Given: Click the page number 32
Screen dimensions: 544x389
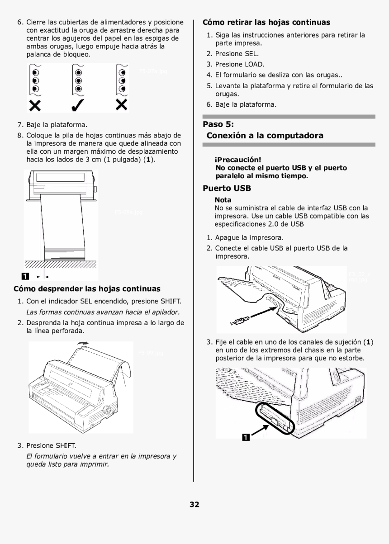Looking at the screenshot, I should pyautogui.click(x=194, y=504).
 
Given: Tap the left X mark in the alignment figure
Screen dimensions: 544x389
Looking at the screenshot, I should pyautogui.click(x=35, y=105).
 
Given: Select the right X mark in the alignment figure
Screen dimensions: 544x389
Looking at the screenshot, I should pyautogui.click(x=121, y=105).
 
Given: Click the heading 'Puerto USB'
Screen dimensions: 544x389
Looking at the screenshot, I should pyautogui.click(x=227, y=188).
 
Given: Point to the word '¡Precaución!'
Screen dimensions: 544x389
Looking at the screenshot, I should pyautogui.click(x=238, y=160).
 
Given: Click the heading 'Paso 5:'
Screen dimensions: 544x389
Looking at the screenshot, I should pyautogui.click(x=218, y=124).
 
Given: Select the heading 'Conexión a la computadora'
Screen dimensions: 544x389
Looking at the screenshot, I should pyautogui.click(x=265, y=136).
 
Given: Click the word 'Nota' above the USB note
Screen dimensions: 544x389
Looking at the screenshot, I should pyautogui.click(x=223, y=199).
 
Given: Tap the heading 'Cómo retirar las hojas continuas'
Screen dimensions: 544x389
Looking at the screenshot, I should pyautogui.click(x=266, y=22).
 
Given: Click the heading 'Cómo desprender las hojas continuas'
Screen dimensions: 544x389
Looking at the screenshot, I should pyautogui.click(x=87, y=288).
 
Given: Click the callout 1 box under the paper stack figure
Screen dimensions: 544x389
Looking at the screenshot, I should pyautogui.click(x=25, y=276).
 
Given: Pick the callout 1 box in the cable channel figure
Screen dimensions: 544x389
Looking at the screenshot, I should pyautogui.click(x=245, y=437).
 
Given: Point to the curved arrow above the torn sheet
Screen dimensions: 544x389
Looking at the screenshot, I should pyautogui.click(x=84, y=345).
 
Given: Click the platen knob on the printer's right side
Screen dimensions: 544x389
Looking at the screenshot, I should pyautogui.click(x=108, y=409).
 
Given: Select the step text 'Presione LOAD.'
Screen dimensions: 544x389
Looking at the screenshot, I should pyautogui.click(x=240, y=64).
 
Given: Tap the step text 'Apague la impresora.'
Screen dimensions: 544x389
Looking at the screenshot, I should pyautogui.click(x=249, y=237).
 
